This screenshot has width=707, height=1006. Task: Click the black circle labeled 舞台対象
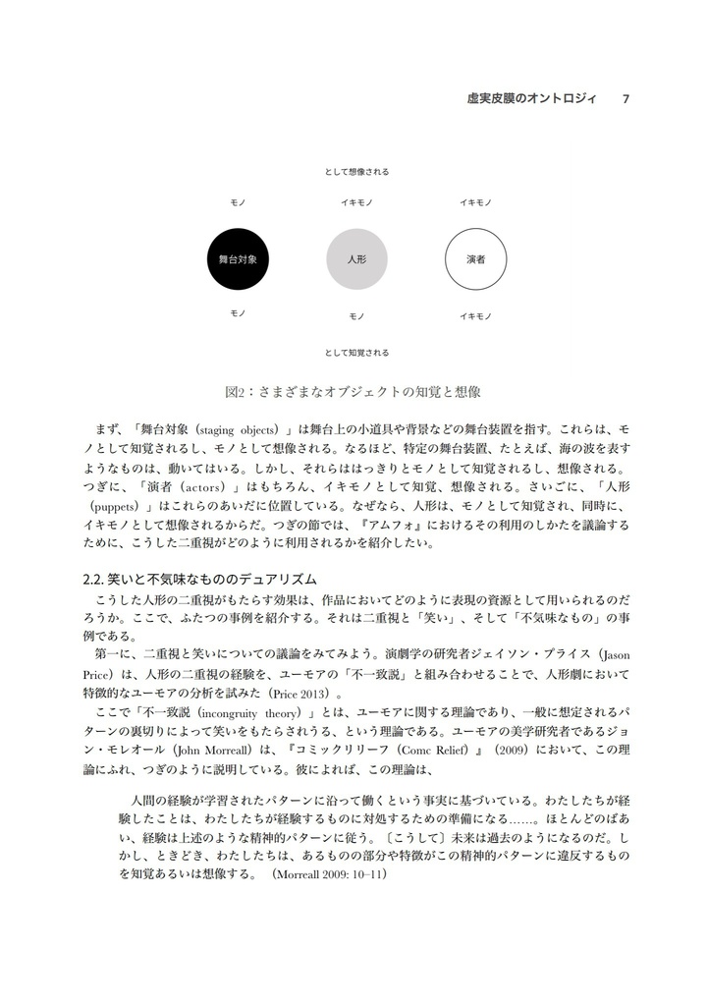238,259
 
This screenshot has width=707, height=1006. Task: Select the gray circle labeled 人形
356,259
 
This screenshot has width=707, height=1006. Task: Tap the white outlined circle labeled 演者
475,259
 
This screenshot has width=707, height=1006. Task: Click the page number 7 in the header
626,98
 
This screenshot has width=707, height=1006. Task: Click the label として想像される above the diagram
356,172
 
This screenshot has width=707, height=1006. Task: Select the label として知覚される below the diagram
356,352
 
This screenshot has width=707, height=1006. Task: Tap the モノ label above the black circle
238,202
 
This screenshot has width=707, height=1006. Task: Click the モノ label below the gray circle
356,316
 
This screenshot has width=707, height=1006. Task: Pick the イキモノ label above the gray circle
356,202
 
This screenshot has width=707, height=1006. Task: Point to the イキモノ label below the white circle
475,316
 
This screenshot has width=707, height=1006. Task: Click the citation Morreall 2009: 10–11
329,873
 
